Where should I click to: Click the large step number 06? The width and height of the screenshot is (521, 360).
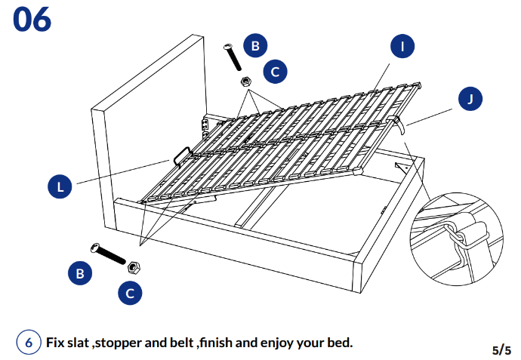(32, 20)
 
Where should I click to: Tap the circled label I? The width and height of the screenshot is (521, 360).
(402, 46)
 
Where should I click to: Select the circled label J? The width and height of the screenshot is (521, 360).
(470, 98)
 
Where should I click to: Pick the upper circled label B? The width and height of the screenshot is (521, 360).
(254, 46)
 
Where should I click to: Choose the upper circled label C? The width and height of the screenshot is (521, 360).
(275, 72)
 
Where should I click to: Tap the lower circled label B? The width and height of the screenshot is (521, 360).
(79, 273)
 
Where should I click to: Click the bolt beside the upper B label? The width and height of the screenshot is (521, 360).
(233, 57)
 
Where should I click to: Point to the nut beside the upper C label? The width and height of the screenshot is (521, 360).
(245, 81)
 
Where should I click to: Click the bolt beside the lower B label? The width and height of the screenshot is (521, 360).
(109, 254)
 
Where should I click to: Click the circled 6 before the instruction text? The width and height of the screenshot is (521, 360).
(28, 342)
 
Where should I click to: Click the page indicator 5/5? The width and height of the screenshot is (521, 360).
(501, 349)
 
